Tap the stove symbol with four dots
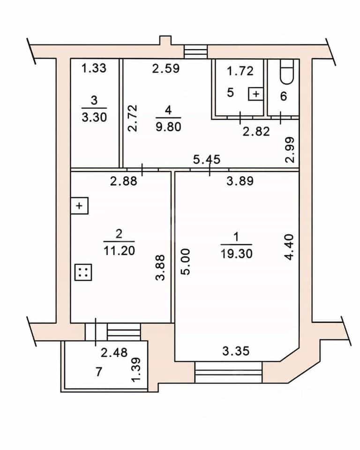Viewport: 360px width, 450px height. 83,272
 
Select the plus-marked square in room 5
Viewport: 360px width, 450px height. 256,94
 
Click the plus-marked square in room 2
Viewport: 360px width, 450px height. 79,206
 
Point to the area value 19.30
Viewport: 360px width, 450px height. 237,254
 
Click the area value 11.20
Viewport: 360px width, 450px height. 119,251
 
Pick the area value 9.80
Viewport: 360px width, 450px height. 169,127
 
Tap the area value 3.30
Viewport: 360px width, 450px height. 94,117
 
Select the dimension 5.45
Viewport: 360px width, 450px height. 207,159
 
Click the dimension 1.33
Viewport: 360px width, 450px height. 94,68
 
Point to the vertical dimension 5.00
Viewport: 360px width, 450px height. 186,262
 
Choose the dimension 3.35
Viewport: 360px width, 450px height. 236,351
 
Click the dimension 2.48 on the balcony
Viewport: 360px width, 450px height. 114,352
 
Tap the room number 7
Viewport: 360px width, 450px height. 99,372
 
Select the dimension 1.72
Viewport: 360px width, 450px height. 240,71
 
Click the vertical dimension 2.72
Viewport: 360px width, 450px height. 133,118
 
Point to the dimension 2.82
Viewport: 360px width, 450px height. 256,131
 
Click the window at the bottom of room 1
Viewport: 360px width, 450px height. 229,372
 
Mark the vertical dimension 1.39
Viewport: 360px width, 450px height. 136,369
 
